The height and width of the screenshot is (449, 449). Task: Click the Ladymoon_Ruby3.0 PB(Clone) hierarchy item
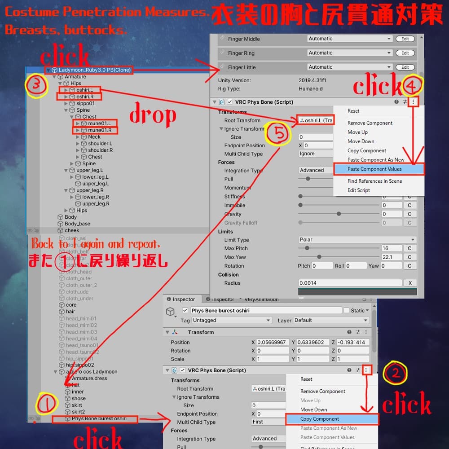[94, 70]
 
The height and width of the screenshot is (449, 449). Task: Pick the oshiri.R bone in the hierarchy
[84, 97]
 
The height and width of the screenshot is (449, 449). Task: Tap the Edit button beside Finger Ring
[405, 53]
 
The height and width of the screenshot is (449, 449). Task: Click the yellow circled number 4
[414, 84]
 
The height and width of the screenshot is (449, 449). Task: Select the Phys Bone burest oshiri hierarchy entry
[99, 418]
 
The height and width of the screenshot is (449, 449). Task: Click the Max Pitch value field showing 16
[391, 248]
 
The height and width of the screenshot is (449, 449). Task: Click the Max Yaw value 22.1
[391, 257]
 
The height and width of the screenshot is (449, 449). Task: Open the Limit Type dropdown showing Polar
[357, 240]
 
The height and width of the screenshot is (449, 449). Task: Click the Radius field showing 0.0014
[350, 283]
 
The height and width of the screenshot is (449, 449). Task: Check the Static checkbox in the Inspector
[346, 310]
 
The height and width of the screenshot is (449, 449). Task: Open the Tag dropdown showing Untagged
[232, 320]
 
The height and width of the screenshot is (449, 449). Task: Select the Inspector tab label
[184, 299]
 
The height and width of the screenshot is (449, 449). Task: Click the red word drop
[153, 115]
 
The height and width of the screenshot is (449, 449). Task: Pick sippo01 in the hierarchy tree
[85, 103]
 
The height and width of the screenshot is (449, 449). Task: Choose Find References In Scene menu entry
[374, 181]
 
